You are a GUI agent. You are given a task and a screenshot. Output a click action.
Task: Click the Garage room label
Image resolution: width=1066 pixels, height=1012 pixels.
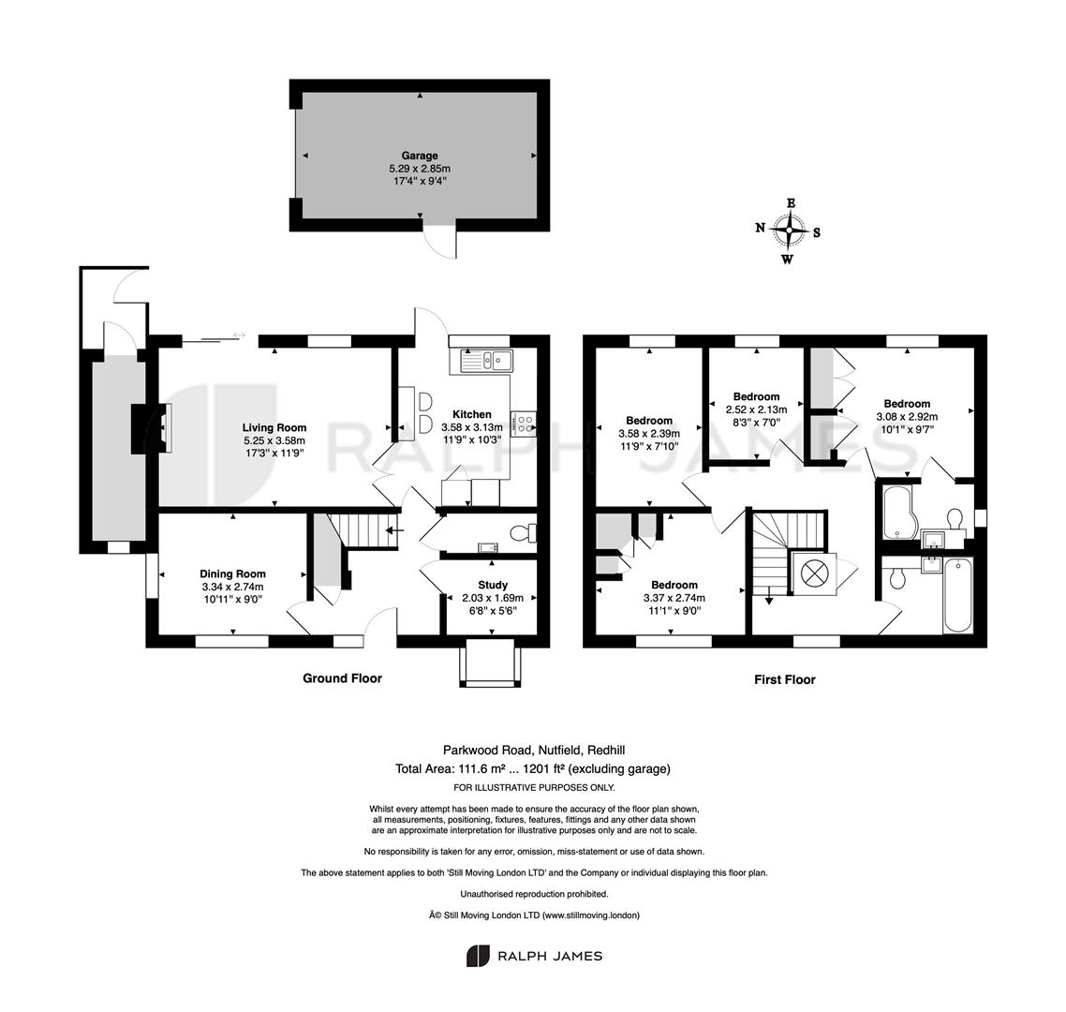420,156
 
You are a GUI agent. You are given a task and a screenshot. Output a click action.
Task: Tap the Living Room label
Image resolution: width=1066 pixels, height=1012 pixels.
274,428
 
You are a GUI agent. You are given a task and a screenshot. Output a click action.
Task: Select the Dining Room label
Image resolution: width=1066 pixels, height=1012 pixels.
232,574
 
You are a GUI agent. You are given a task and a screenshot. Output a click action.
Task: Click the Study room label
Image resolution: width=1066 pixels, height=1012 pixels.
493,585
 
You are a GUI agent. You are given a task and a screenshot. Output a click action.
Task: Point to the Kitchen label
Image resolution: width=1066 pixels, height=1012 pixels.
472,414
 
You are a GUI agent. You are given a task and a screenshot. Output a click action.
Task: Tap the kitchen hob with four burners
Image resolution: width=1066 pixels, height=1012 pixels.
524,424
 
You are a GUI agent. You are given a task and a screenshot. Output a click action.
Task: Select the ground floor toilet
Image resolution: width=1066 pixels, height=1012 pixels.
523,531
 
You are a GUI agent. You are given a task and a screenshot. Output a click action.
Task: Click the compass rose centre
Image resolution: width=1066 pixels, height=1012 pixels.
789,231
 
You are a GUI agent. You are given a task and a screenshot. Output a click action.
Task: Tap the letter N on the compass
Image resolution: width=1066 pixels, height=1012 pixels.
761,227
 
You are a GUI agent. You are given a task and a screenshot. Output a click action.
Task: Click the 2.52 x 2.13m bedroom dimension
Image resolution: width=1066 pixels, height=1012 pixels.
757,409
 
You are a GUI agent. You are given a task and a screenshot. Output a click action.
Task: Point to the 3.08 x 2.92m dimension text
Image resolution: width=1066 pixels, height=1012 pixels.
907,417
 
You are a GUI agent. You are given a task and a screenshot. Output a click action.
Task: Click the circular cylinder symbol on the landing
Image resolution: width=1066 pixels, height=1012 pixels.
813,573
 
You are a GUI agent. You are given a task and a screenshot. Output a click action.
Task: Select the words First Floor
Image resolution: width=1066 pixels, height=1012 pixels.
785,679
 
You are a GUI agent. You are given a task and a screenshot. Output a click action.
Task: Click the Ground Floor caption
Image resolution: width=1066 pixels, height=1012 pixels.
343,678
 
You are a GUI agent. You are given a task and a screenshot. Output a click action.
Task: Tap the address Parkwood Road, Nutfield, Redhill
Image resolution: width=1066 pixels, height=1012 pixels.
534,751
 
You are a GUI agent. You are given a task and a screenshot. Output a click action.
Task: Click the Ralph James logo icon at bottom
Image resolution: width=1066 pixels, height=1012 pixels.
478,956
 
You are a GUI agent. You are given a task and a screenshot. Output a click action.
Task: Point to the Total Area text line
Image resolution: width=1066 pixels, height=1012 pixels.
533,769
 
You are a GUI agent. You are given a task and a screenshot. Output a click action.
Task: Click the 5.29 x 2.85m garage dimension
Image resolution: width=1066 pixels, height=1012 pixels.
420,169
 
